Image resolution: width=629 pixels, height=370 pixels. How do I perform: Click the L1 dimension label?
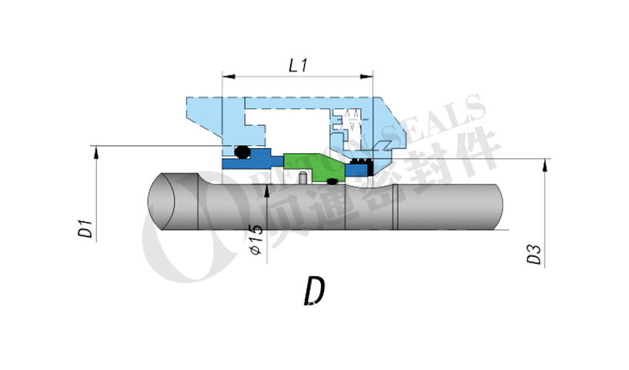tap(297, 65)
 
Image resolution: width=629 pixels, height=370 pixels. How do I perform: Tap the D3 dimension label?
tap(534, 255)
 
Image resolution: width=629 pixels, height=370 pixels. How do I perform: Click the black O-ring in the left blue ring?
tap(240, 152)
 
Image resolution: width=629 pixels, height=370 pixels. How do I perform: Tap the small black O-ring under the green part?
tap(332, 181)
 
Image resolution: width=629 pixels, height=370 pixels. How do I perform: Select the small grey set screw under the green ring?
tap(304, 177)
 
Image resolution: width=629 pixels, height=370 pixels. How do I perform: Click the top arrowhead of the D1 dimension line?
tap(95, 151)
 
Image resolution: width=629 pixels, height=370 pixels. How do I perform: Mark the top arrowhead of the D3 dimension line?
tap(545, 164)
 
